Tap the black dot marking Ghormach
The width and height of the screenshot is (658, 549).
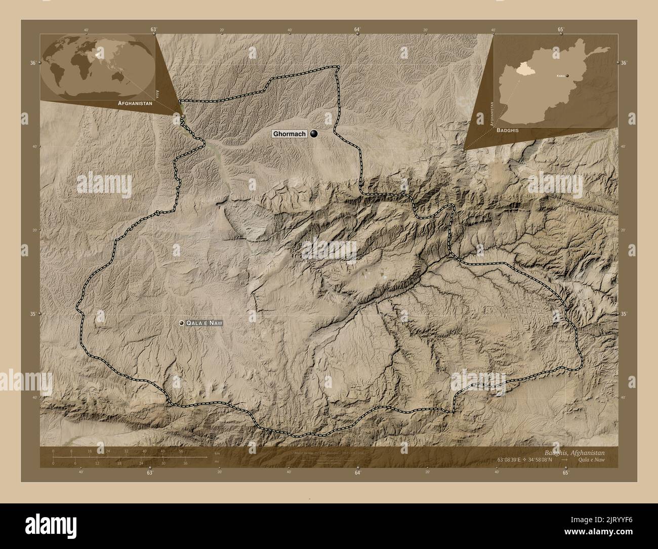tap(315, 134)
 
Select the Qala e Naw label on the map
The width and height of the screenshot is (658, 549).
tap(204, 323)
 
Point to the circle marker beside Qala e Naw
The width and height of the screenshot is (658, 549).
tap(181, 323)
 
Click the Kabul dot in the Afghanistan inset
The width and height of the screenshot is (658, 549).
tap(567, 75)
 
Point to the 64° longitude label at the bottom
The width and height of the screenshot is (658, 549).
tap(357, 473)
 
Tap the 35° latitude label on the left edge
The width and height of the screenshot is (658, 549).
tap(33, 314)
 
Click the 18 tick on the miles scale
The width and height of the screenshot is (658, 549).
tap(119, 463)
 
